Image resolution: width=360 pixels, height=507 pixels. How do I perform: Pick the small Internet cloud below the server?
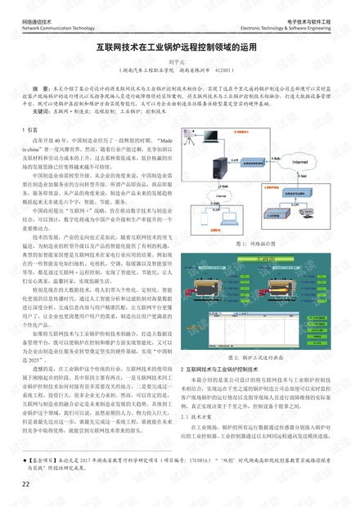(230, 189)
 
